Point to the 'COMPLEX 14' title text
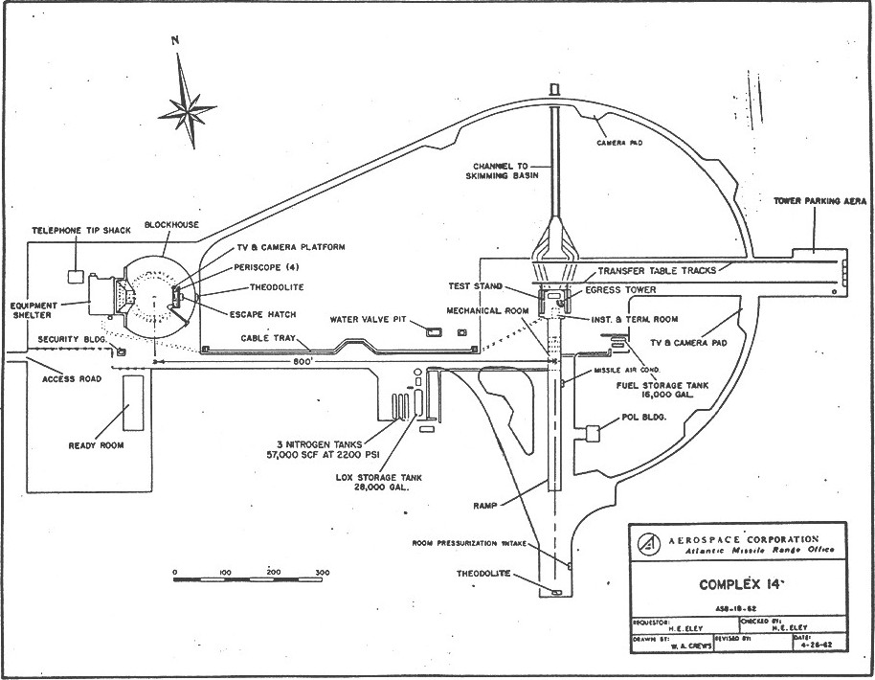(736, 583)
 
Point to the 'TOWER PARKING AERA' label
(819, 202)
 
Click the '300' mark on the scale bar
(323, 573)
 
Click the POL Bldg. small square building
(593, 432)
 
